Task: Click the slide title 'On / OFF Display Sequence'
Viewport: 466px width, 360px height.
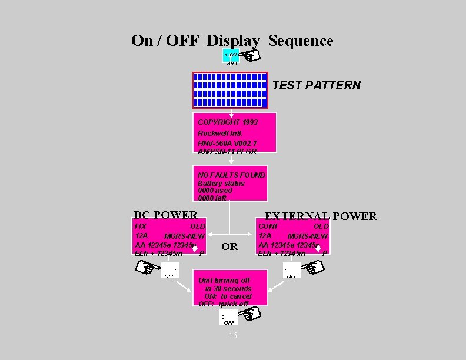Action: click(x=232, y=41)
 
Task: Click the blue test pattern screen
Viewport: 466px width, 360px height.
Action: click(x=230, y=91)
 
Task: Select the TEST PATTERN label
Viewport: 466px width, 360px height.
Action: click(x=317, y=85)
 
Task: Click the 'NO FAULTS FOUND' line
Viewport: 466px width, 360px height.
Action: click(x=231, y=175)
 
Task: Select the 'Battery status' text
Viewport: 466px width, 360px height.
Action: click(x=221, y=183)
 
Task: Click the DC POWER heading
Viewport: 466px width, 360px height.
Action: click(x=165, y=215)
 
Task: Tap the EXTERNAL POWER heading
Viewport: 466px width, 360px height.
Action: click(x=321, y=216)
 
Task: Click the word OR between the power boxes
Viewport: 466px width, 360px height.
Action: click(x=229, y=246)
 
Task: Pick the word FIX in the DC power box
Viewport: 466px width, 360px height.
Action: click(x=141, y=226)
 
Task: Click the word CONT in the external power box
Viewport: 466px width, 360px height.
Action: click(x=268, y=226)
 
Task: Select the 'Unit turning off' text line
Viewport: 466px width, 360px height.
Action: click(x=224, y=281)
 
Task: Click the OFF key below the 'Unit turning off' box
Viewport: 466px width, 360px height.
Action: click(x=228, y=319)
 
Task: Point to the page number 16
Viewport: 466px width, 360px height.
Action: click(x=232, y=335)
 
